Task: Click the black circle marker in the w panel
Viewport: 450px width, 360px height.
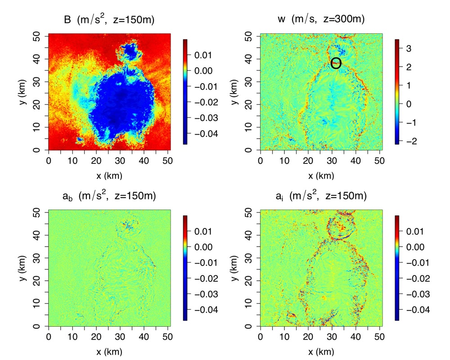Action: click(336, 63)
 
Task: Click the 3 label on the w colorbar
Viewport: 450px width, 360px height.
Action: click(409, 48)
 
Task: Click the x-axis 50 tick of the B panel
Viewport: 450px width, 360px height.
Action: click(167, 161)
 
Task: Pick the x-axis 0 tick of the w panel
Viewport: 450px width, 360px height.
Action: click(261, 161)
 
